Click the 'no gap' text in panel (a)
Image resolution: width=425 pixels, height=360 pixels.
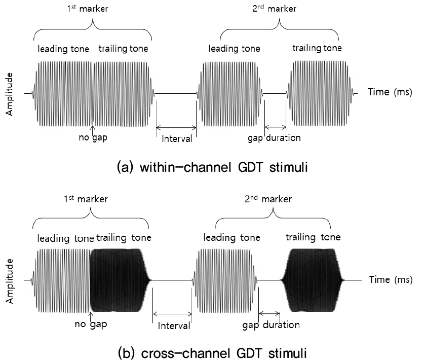tap(93, 137)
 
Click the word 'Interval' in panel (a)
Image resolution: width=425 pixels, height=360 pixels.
tap(176, 138)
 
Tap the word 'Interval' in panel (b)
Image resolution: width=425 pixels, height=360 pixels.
tap(173, 326)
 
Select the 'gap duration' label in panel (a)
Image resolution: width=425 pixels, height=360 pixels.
tap(274, 137)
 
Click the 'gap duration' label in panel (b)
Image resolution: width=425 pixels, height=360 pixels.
tap(271, 325)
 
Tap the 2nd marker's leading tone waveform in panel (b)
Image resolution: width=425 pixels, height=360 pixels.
tap(225, 279)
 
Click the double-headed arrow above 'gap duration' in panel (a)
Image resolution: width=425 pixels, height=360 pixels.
tap(275, 127)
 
